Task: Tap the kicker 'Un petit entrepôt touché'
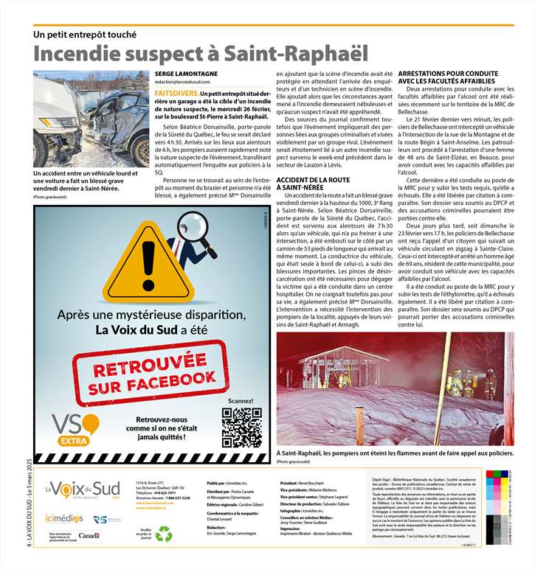[85, 34]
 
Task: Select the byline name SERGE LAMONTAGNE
[187, 75]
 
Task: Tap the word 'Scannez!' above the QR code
[241, 401]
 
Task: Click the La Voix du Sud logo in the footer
[82, 489]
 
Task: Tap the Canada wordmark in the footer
[89, 535]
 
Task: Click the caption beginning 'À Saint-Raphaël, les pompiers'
[395, 453]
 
